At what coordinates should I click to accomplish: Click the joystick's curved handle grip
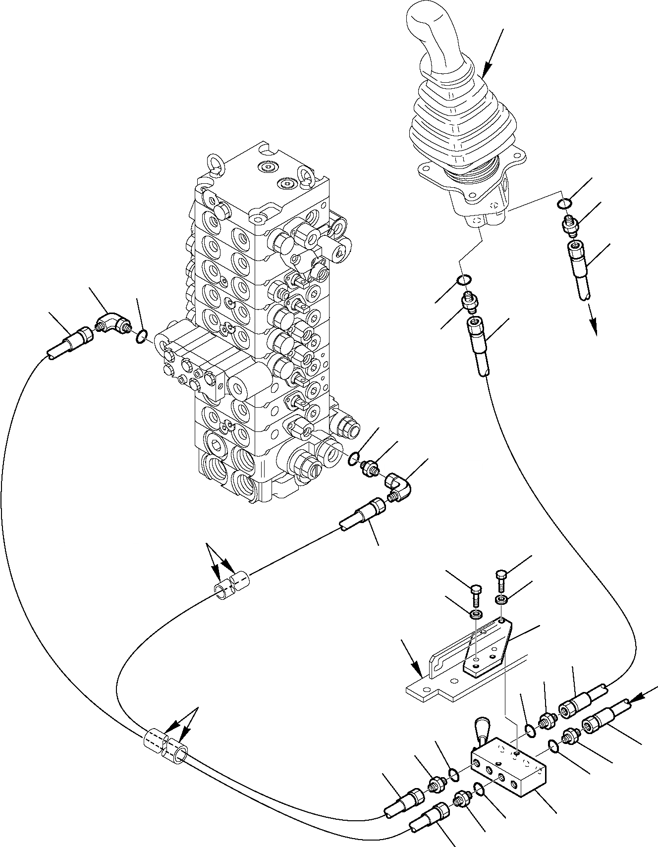(436, 35)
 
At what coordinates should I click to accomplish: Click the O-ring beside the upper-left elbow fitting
(141, 338)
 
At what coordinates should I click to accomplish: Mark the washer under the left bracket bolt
(476, 615)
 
